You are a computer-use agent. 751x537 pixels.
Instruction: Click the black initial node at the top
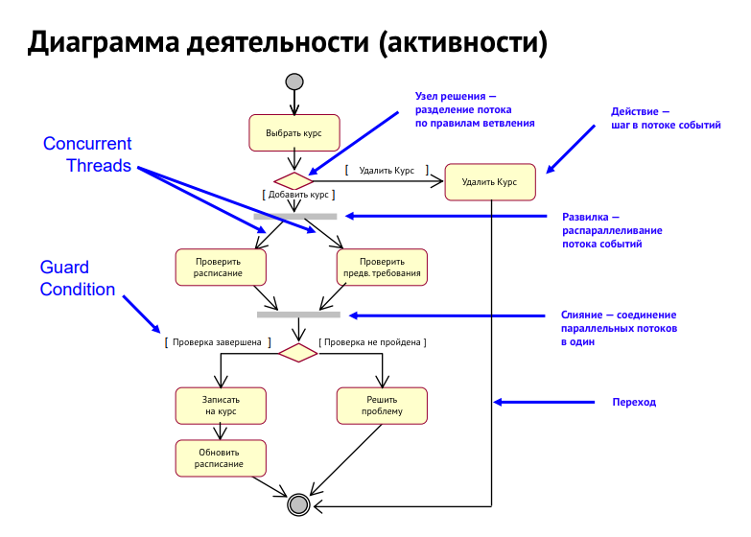293,82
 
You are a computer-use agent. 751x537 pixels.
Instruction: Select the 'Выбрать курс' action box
293,134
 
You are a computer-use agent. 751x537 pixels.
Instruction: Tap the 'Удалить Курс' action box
489,180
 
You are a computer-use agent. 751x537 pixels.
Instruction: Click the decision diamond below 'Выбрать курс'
293,180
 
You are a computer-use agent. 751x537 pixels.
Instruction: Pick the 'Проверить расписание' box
219,267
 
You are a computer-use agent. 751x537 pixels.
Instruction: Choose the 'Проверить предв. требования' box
382,267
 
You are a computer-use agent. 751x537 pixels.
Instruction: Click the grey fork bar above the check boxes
295,217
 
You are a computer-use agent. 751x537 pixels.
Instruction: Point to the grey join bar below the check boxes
298,315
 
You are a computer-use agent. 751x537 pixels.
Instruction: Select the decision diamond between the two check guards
297,352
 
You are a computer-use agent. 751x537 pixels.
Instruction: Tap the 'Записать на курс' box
220,405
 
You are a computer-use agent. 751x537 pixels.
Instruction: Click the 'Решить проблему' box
382,405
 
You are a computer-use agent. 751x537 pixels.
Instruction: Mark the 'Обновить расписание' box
219,457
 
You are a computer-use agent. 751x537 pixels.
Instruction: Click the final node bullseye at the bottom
298,504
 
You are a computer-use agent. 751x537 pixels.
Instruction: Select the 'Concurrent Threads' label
87,154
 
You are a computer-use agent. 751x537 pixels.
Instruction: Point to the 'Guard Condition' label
78,279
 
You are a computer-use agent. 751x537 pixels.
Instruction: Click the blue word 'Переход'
634,402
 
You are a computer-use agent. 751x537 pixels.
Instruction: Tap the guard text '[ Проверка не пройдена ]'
372,341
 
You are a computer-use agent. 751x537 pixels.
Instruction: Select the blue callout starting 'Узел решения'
475,109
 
